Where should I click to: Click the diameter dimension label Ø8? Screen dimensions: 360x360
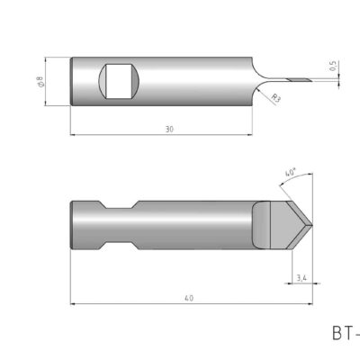pos(40,83)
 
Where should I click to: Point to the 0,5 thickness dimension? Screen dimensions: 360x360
pos(334,67)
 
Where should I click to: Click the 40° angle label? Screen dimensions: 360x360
pos(290,171)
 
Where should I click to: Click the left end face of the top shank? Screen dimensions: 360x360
pos(72,83)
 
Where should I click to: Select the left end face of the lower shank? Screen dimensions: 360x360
pos(73,224)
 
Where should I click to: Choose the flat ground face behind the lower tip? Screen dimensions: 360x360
pos(261,224)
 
